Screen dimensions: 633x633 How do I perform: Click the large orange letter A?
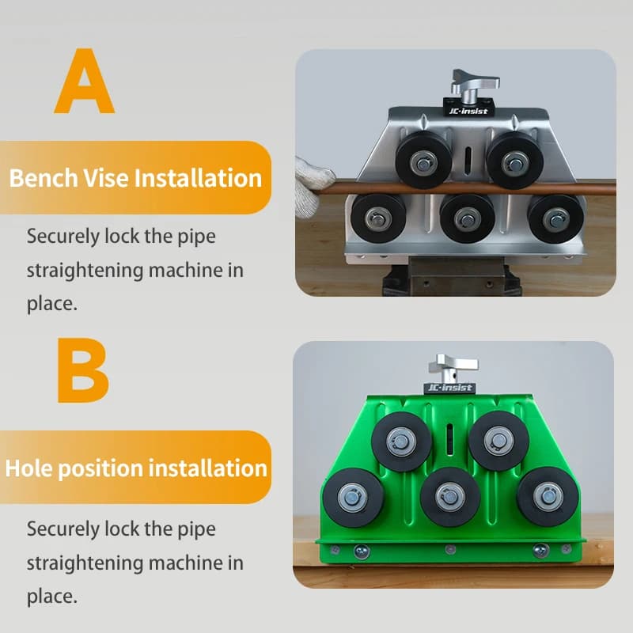tap(85, 81)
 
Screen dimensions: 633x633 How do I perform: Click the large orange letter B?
tap(83, 370)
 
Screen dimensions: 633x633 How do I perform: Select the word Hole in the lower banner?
tap(28, 468)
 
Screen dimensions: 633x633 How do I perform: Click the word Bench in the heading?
tap(44, 178)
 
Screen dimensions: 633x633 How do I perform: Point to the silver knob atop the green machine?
tap(453, 368)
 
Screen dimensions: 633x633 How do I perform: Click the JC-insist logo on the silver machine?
tap(468, 111)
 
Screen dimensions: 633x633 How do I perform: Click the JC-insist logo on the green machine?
tap(449, 388)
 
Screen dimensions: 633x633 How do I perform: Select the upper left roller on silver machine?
tap(423, 161)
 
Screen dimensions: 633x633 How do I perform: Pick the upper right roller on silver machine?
tap(515, 161)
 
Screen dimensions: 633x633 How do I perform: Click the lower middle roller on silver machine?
tap(467, 219)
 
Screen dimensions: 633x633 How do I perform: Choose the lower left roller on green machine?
tap(353, 498)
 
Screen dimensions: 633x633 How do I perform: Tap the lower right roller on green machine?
tap(548, 497)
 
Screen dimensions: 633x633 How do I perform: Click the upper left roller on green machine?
tap(401, 442)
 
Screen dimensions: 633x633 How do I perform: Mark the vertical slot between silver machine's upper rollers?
tap(468, 161)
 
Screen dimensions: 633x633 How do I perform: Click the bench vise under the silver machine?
tap(452, 276)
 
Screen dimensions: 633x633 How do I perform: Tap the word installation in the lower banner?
tap(208, 468)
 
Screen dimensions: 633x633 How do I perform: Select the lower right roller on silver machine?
tap(556, 219)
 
